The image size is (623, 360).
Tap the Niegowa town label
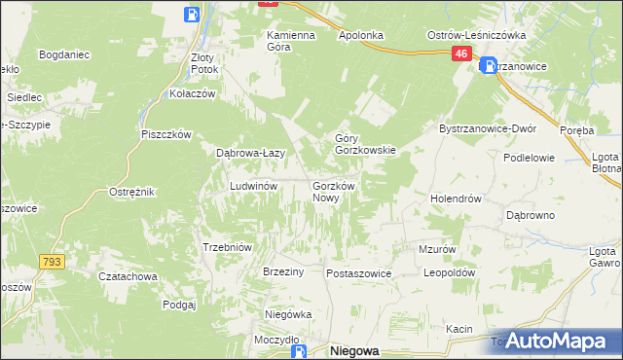coord(353,351)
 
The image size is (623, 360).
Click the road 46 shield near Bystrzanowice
coord(461,55)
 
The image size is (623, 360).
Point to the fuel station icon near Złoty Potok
coord(193,15)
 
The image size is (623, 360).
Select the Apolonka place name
coord(360,35)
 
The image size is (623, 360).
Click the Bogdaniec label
coord(64,54)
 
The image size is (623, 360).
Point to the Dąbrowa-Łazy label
coord(249,153)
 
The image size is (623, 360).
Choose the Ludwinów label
coord(254,185)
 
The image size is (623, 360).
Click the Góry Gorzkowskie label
coord(365,144)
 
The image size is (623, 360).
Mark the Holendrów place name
coord(457,198)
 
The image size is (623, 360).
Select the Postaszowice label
coord(358,274)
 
